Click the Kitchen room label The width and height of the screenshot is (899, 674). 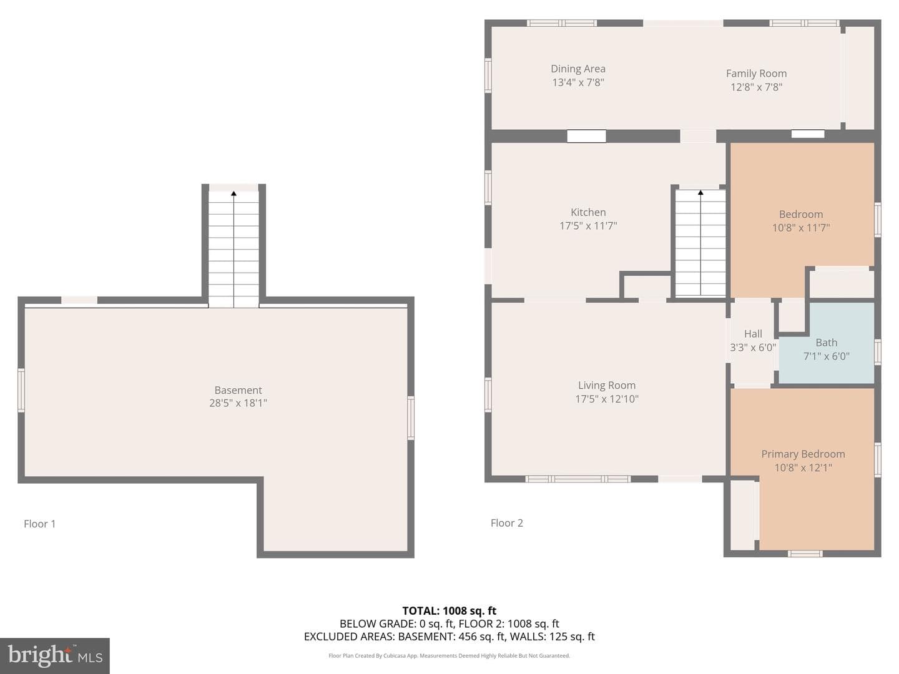pos(588,212)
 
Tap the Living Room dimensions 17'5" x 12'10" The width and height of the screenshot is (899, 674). pos(607,399)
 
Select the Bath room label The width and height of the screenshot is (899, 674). pos(826,343)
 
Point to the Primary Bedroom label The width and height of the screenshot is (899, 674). pos(803,454)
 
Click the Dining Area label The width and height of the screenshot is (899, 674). pos(578,69)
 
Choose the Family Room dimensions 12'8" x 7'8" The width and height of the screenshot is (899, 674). pos(757,87)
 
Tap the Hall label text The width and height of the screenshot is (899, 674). pos(753,334)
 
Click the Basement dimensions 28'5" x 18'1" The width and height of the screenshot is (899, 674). pos(238,403)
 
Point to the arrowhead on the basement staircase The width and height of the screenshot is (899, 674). pos(233,193)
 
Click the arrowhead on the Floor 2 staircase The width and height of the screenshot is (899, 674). pos(700,192)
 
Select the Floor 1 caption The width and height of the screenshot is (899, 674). pos(40,524)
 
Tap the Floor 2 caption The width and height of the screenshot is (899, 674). pos(507,523)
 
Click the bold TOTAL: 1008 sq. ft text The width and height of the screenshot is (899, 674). pos(449,611)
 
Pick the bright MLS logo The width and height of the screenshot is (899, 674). pos(55,656)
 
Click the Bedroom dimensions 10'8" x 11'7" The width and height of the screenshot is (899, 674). pos(801,228)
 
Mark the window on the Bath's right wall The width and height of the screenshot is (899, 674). pos(878,351)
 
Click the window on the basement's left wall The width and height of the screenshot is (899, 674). pos(21,390)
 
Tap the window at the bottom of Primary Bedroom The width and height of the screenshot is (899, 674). pos(805,554)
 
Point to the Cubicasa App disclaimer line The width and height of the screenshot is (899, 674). pos(449,655)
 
